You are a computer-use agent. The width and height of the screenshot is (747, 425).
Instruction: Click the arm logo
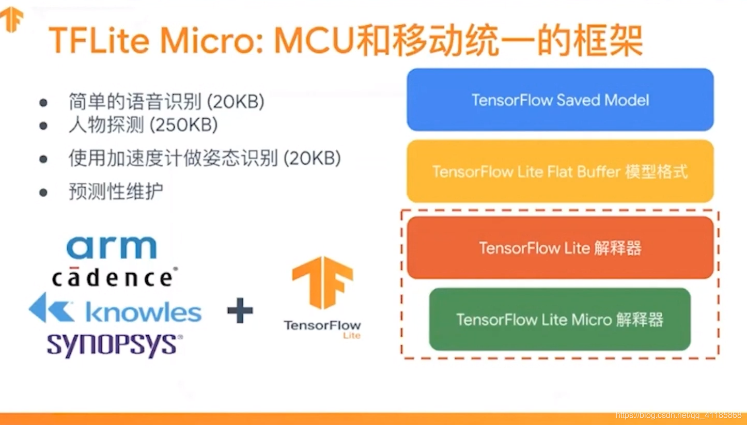[x=112, y=248]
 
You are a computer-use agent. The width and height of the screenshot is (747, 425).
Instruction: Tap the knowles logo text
[x=144, y=312]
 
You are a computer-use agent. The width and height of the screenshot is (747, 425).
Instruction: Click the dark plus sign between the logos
[x=240, y=311]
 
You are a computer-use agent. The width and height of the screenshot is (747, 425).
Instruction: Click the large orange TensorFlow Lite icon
[x=322, y=282]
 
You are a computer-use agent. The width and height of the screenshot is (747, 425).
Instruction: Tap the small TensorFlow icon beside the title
[x=12, y=19]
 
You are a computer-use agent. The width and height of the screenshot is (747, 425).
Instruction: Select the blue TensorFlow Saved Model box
[x=560, y=100]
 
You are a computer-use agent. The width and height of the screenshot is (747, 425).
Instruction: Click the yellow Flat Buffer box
[x=560, y=171]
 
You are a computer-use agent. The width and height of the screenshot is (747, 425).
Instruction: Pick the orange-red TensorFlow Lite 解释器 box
[x=560, y=248]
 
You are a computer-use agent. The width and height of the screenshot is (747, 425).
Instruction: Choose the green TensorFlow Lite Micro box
[x=560, y=319]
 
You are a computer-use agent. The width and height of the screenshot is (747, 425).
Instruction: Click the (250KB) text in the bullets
[x=184, y=125]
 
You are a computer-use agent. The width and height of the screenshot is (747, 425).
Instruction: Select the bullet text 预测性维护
[x=116, y=192]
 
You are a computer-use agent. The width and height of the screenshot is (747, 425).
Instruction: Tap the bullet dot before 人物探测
[x=43, y=125]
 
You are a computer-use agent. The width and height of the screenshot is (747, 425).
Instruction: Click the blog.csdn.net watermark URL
[x=679, y=415]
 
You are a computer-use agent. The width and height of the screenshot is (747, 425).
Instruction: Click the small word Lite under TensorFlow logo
[x=352, y=335]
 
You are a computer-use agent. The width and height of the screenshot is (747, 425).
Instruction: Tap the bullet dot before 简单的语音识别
[x=43, y=102]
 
